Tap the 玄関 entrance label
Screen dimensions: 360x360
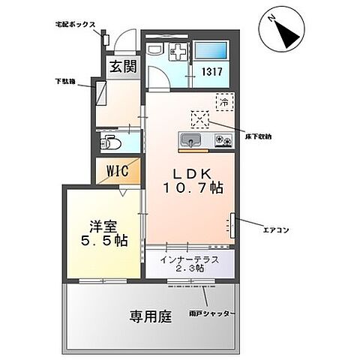(x=124, y=66)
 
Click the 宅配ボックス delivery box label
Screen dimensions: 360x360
(x=74, y=25)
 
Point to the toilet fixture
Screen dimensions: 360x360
(x=109, y=140)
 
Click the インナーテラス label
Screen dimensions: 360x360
(x=189, y=259)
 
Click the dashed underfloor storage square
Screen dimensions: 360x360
(x=200, y=119)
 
